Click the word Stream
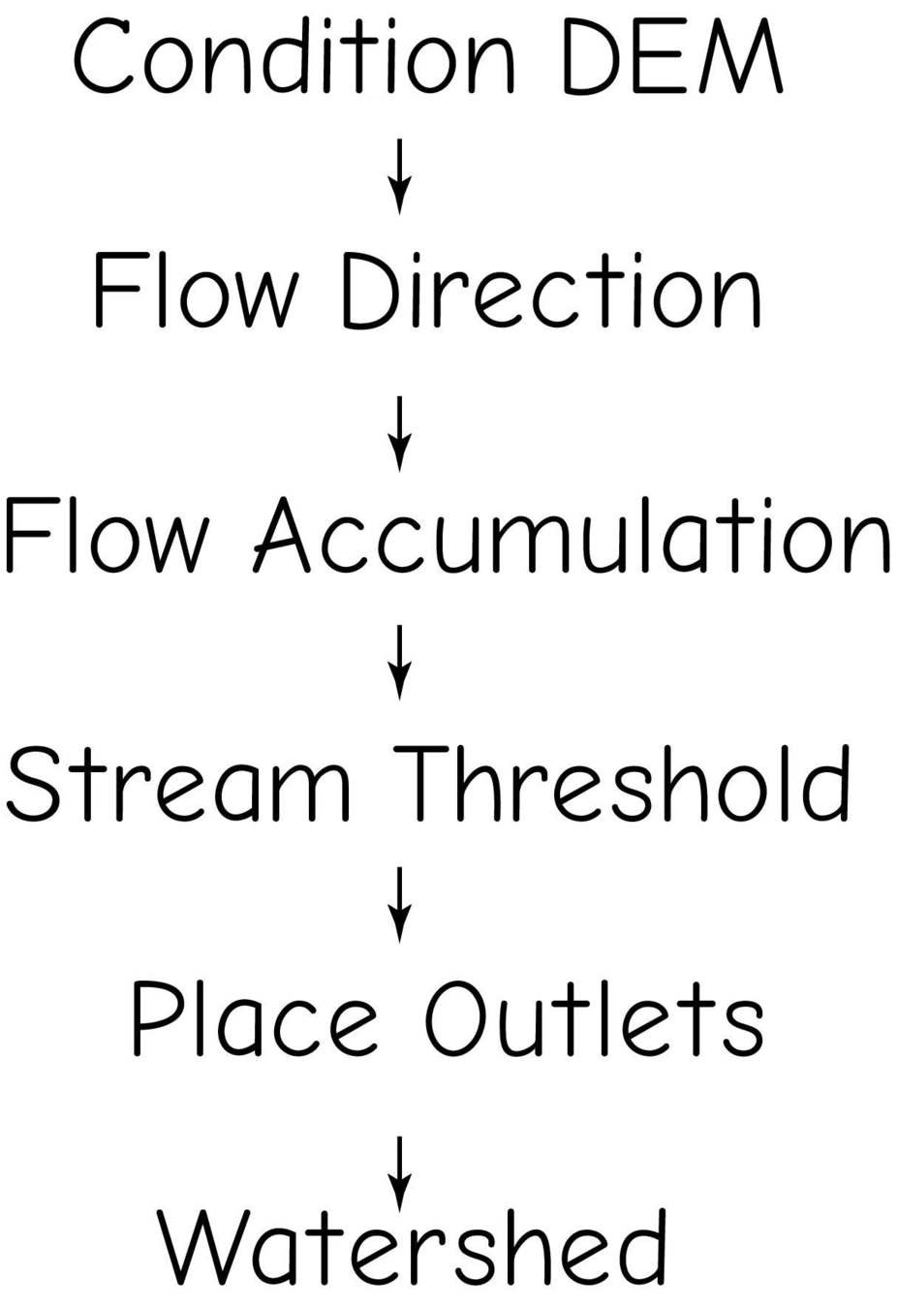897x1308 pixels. click(x=179, y=783)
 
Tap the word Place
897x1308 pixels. click(x=254, y=1019)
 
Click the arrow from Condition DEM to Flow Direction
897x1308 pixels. click(x=400, y=176)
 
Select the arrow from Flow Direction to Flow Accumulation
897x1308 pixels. click(x=400, y=432)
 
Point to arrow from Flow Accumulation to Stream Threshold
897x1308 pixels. click(x=400, y=662)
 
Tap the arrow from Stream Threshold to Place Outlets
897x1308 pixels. click(x=400, y=905)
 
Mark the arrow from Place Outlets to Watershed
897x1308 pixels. click(x=400, y=1172)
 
